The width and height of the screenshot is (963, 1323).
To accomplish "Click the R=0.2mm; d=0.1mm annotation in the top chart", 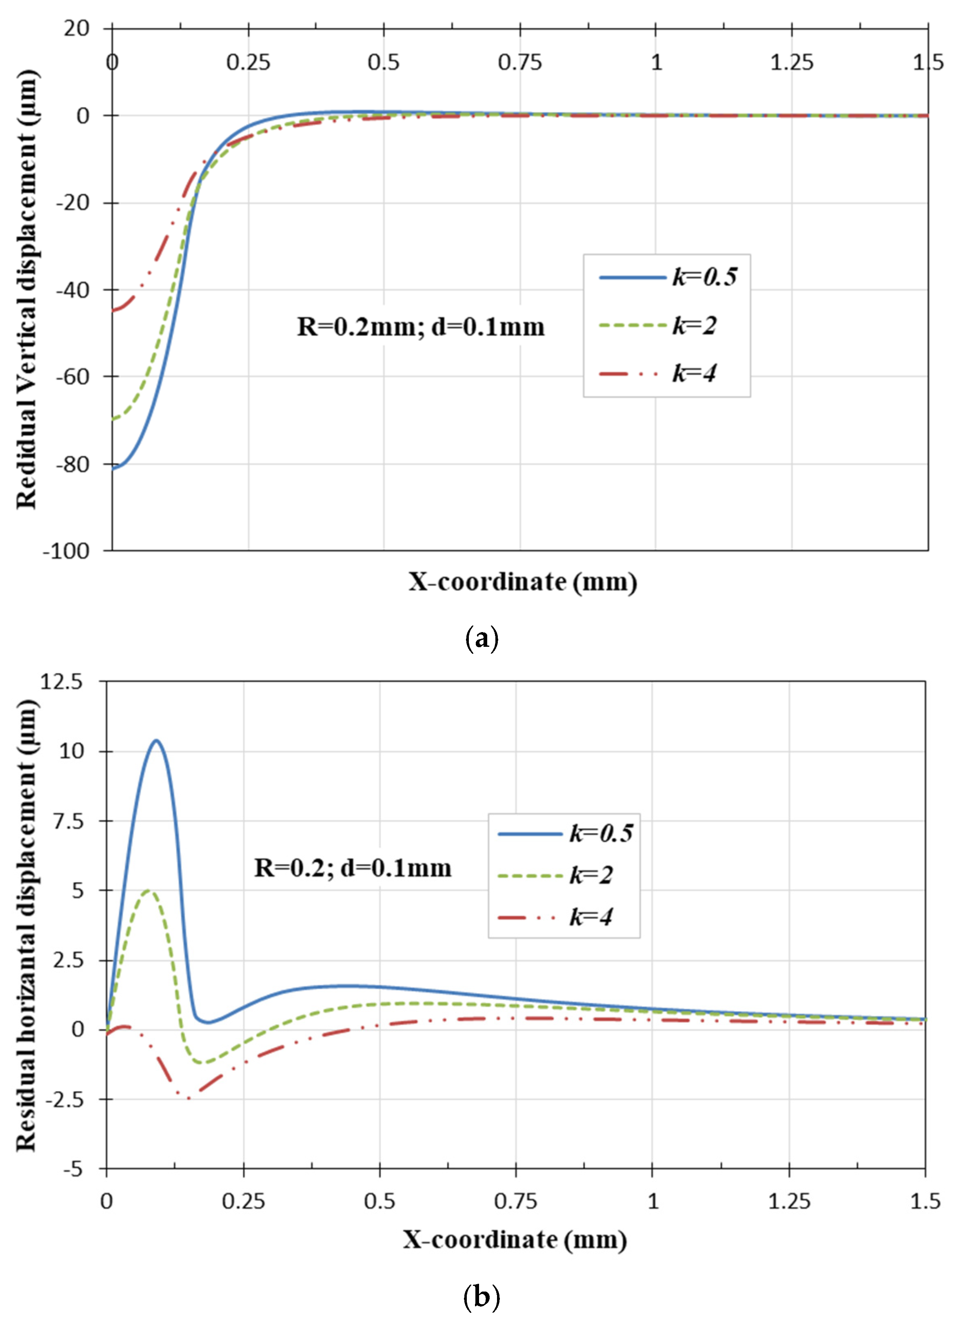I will (x=421, y=327).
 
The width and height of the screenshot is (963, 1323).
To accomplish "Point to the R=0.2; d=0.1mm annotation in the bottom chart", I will (x=353, y=868).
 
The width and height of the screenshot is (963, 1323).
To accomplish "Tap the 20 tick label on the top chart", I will (x=77, y=28).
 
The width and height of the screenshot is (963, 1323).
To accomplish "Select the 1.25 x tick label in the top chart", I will (x=792, y=62).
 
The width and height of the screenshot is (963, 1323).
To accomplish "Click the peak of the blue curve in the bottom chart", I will (x=156, y=741).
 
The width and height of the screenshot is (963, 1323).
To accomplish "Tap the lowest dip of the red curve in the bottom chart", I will (x=188, y=1099).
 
